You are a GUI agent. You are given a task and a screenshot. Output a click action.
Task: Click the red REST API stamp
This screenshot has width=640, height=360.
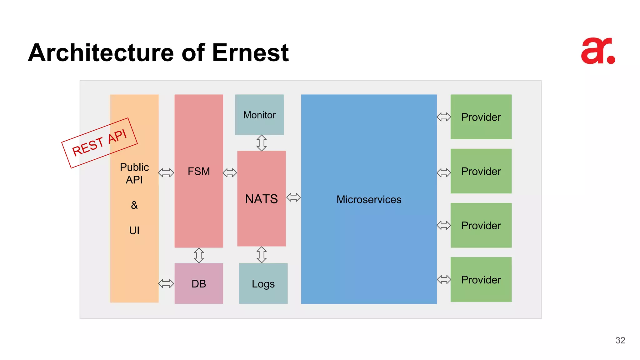(x=99, y=143)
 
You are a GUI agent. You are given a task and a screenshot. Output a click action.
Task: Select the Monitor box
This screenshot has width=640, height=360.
(x=259, y=115)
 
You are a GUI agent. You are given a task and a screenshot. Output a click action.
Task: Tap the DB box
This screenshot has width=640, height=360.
(x=199, y=283)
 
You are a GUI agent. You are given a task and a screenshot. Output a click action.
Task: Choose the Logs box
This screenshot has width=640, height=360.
(x=263, y=283)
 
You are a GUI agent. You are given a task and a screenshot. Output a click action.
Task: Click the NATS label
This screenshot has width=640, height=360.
(x=261, y=199)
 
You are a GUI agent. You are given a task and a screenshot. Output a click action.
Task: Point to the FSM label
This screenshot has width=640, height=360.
(x=199, y=171)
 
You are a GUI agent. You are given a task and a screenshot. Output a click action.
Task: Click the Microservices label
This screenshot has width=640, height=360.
(x=369, y=199)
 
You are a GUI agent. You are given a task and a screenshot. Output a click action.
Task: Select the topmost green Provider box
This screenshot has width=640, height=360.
(x=481, y=117)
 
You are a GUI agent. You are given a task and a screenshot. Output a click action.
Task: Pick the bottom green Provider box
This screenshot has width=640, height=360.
(x=481, y=279)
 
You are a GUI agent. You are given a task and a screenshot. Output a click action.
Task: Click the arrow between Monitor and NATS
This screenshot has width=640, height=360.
(x=262, y=143)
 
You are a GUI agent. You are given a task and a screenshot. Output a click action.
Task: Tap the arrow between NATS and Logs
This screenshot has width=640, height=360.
(x=262, y=255)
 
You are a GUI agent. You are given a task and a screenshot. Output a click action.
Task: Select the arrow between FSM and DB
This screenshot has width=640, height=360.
(x=199, y=255)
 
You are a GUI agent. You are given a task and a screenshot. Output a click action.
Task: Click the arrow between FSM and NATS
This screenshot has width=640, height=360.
(x=230, y=172)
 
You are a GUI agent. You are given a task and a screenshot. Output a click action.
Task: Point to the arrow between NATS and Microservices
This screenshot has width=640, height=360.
(x=293, y=197)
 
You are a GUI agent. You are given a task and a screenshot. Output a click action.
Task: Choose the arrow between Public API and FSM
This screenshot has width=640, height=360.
(x=166, y=172)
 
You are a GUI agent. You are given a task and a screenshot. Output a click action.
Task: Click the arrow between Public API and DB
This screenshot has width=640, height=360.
(x=166, y=283)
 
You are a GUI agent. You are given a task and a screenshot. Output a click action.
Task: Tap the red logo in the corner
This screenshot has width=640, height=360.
(x=598, y=51)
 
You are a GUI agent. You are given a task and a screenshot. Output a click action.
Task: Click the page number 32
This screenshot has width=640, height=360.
(x=620, y=340)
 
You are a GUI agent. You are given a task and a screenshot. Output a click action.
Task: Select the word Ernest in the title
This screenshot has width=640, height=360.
(x=250, y=52)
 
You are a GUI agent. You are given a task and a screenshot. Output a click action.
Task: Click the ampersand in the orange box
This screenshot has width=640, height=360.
(x=134, y=205)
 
